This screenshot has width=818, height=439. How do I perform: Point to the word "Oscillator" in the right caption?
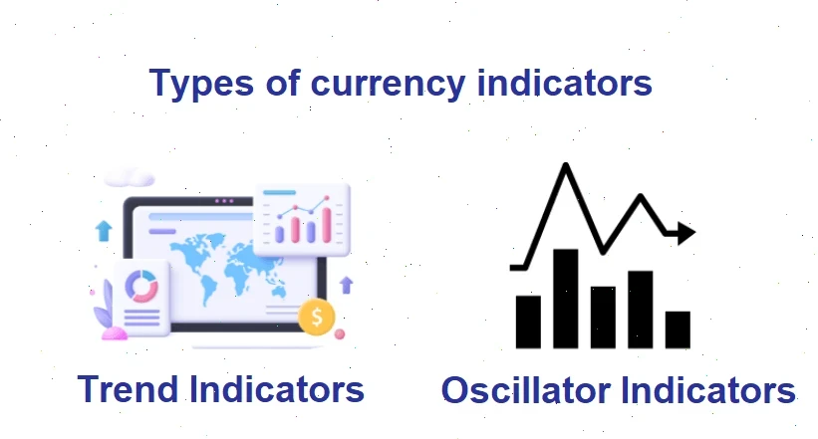pyautogui.click(x=525, y=390)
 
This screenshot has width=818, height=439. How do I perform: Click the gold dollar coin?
pyautogui.click(x=317, y=318)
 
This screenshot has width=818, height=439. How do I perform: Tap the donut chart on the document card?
pyautogui.click(x=141, y=286)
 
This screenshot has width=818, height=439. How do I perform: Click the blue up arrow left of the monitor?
pyautogui.click(x=103, y=232)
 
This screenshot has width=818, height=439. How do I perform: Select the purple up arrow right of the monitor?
pyautogui.click(x=347, y=286)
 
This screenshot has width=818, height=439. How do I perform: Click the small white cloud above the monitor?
pyautogui.click(x=130, y=177)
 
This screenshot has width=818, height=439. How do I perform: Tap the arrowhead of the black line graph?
pyautogui.click(x=684, y=234)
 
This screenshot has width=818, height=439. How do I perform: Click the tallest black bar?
pyautogui.click(x=566, y=298)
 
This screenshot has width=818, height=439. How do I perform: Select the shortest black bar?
pyautogui.click(x=678, y=329)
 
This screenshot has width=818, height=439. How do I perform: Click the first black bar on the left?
pyautogui.click(x=528, y=321)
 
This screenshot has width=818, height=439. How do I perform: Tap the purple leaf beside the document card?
pyautogui.click(x=103, y=318)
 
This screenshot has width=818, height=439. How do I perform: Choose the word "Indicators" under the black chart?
pyautogui.click(x=706, y=390)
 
